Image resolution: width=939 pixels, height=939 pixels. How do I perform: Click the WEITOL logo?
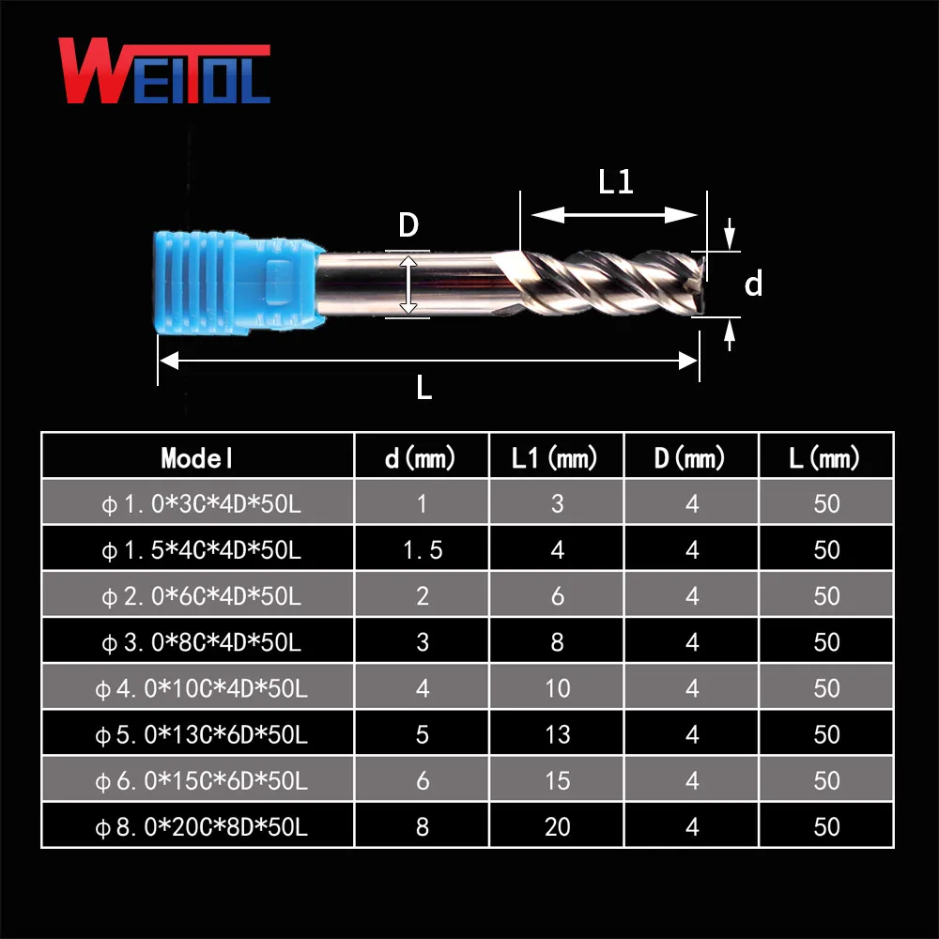164,71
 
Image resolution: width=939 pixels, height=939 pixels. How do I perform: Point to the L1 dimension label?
616,182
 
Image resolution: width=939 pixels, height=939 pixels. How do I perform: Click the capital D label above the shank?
408,226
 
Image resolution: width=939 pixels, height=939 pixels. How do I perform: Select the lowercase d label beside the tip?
753,285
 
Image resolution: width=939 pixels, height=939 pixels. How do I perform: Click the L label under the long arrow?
424,388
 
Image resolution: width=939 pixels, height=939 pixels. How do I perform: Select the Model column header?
197,458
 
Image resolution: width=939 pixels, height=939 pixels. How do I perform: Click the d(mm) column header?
422,458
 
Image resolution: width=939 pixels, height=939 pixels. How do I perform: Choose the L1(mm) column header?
557,458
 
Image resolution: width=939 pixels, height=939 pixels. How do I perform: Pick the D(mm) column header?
692,458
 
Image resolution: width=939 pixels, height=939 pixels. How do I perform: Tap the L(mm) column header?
826,458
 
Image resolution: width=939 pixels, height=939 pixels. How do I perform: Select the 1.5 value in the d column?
422,550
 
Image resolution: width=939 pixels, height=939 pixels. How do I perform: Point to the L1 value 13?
557,733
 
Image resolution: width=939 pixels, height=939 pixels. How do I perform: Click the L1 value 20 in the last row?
557,826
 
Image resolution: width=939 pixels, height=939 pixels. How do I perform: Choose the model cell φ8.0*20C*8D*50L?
201,827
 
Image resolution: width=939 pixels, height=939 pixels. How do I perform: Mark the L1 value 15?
557,780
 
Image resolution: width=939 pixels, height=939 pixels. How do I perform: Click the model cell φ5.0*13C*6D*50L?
201,734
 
